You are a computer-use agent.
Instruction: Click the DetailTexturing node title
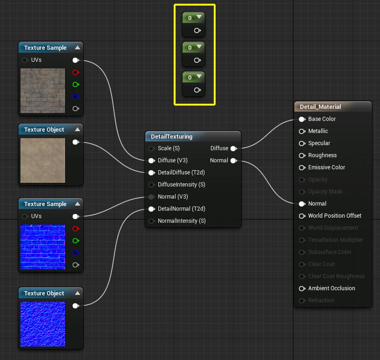pyautogui.click(x=171, y=137)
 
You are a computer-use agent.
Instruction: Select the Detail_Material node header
pyautogui.click(x=320, y=107)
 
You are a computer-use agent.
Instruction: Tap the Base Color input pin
pyautogui.click(x=302, y=119)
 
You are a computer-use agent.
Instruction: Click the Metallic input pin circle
pyautogui.click(x=302, y=131)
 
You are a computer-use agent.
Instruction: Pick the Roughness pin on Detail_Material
pyautogui.click(x=302, y=155)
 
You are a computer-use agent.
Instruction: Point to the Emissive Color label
pyautogui.click(x=326, y=167)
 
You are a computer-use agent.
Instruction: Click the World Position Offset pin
pyautogui.click(x=302, y=216)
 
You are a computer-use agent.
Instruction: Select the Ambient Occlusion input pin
pyautogui.click(x=302, y=288)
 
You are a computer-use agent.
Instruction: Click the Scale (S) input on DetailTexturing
pyautogui.click(x=151, y=148)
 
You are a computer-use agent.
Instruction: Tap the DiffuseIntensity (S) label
pyautogui.click(x=181, y=185)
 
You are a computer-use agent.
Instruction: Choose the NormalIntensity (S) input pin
pyautogui.click(x=151, y=221)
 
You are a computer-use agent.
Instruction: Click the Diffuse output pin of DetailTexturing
pyautogui.click(x=233, y=148)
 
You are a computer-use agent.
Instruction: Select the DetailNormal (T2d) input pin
pyautogui.click(x=151, y=209)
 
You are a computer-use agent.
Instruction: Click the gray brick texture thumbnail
pyautogui.click(x=43, y=91)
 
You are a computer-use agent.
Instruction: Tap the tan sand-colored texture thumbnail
pyautogui.click(x=43, y=160)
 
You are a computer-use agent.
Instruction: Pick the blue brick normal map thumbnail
pyautogui.click(x=43, y=247)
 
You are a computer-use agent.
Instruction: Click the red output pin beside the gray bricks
pyautogui.click(x=75, y=73)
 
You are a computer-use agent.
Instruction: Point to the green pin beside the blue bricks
pyautogui.click(x=75, y=241)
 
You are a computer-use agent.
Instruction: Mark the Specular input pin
pyautogui.click(x=302, y=143)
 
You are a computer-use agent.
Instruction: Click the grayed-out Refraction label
pyautogui.click(x=321, y=300)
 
